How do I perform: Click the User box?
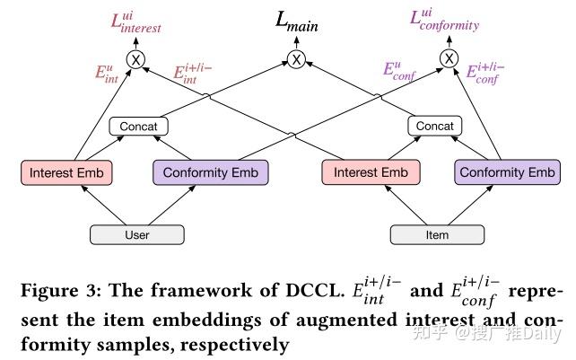[x=137, y=235]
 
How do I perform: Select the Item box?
[x=437, y=235]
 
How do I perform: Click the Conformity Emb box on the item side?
[x=506, y=172]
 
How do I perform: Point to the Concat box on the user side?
[x=139, y=127]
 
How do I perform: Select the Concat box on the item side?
[x=435, y=127]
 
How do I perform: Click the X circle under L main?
[x=295, y=59]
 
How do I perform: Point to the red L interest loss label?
[x=135, y=22]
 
